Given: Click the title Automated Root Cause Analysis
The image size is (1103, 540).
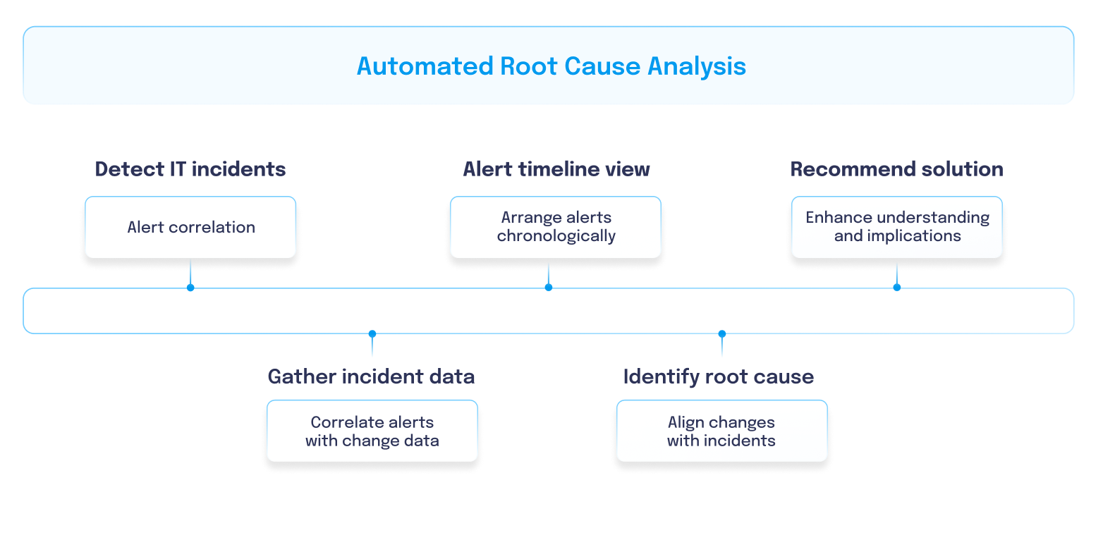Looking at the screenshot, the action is tap(551, 66).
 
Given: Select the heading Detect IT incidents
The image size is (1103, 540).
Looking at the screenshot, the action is tap(190, 169).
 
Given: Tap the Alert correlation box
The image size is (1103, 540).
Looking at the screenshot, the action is tap(190, 227).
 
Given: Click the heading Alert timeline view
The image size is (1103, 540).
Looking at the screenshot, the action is tap(556, 169).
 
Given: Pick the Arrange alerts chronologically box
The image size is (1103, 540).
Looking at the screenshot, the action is tap(556, 227).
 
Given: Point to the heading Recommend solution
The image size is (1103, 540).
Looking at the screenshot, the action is tap(896, 169).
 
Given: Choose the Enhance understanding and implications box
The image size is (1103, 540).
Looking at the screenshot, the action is tap(896, 227).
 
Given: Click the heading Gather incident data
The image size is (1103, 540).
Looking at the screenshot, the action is tap(371, 376).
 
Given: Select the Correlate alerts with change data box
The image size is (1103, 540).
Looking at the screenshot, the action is tap(372, 431).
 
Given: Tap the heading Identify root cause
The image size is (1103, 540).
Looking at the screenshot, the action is tap(719, 376).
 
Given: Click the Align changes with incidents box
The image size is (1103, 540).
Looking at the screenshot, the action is tap(722, 431).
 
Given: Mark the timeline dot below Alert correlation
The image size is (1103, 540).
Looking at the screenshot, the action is tap(190, 288).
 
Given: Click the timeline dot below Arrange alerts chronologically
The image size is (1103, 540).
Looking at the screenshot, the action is tap(549, 288).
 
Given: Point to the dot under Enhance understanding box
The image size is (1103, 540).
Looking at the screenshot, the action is tap(896, 288).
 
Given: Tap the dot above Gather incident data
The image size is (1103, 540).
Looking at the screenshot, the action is tap(372, 333).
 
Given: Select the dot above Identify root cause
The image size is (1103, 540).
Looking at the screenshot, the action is tap(722, 333).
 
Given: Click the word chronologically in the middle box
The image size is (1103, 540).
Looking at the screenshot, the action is tap(556, 236).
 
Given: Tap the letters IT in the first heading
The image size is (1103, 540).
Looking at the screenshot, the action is tap(177, 169).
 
